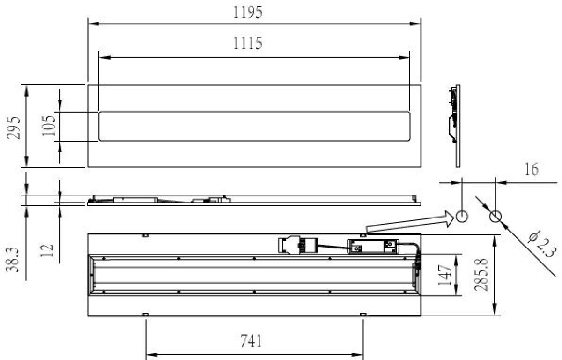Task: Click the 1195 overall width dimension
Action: click(x=248, y=12)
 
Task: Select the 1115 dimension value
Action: click(x=248, y=43)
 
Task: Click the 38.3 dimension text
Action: click(x=15, y=260)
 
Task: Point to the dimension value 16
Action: click(x=531, y=169)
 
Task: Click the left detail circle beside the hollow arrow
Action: click(x=461, y=217)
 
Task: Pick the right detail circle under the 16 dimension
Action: click(x=495, y=217)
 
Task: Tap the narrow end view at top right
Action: click(x=455, y=126)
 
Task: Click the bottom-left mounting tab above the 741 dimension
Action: click(x=146, y=315)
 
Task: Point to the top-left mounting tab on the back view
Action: click(x=146, y=235)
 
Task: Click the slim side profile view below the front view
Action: click(x=253, y=201)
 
